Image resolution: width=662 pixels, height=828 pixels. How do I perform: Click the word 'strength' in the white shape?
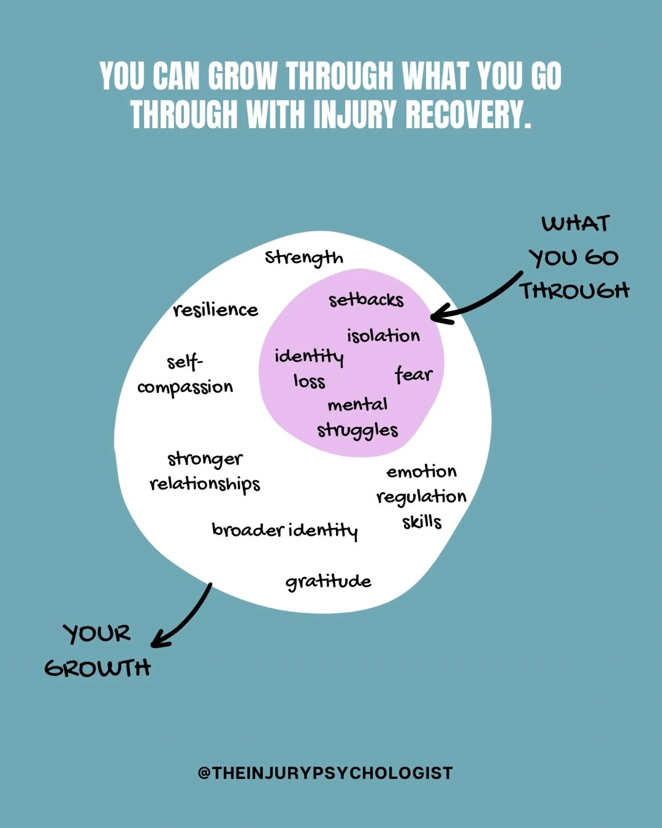pyautogui.click(x=304, y=257)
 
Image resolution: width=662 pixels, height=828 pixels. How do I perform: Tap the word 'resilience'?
pyautogui.click(x=215, y=310)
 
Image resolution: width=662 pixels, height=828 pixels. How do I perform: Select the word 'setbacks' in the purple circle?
pyautogui.click(x=366, y=300)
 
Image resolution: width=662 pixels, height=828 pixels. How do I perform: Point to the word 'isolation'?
pyautogui.click(x=383, y=336)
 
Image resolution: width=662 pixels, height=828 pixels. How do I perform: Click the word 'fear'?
pyautogui.click(x=413, y=374)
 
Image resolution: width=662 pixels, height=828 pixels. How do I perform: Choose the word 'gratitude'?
pyautogui.click(x=328, y=582)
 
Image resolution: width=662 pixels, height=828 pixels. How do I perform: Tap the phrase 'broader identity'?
pyautogui.click(x=284, y=530)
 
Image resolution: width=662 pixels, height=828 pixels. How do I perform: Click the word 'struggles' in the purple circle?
pyautogui.click(x=357, y=430)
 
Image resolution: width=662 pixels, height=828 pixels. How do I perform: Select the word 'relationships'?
pyautogui.click(x=204, y=484)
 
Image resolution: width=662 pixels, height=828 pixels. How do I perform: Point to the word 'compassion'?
pyautogui.click(x=185, y=388)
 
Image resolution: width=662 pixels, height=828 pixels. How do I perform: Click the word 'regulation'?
pyautogui.click(x=421, y=497)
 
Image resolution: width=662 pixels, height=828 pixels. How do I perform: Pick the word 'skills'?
pyautogui.click(x=422, y=522)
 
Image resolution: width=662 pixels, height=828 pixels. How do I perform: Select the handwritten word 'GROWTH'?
pyautogui.click(x=97, y=668)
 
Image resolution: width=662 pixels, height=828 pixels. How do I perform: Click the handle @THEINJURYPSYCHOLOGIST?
pyautogui.click(x=325, y=773)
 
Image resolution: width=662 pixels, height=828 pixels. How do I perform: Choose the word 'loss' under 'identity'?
pyautogui.click(x=309, y=381)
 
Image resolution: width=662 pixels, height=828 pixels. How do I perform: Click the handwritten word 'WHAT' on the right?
pyautogui.click(x=575, y=224)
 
